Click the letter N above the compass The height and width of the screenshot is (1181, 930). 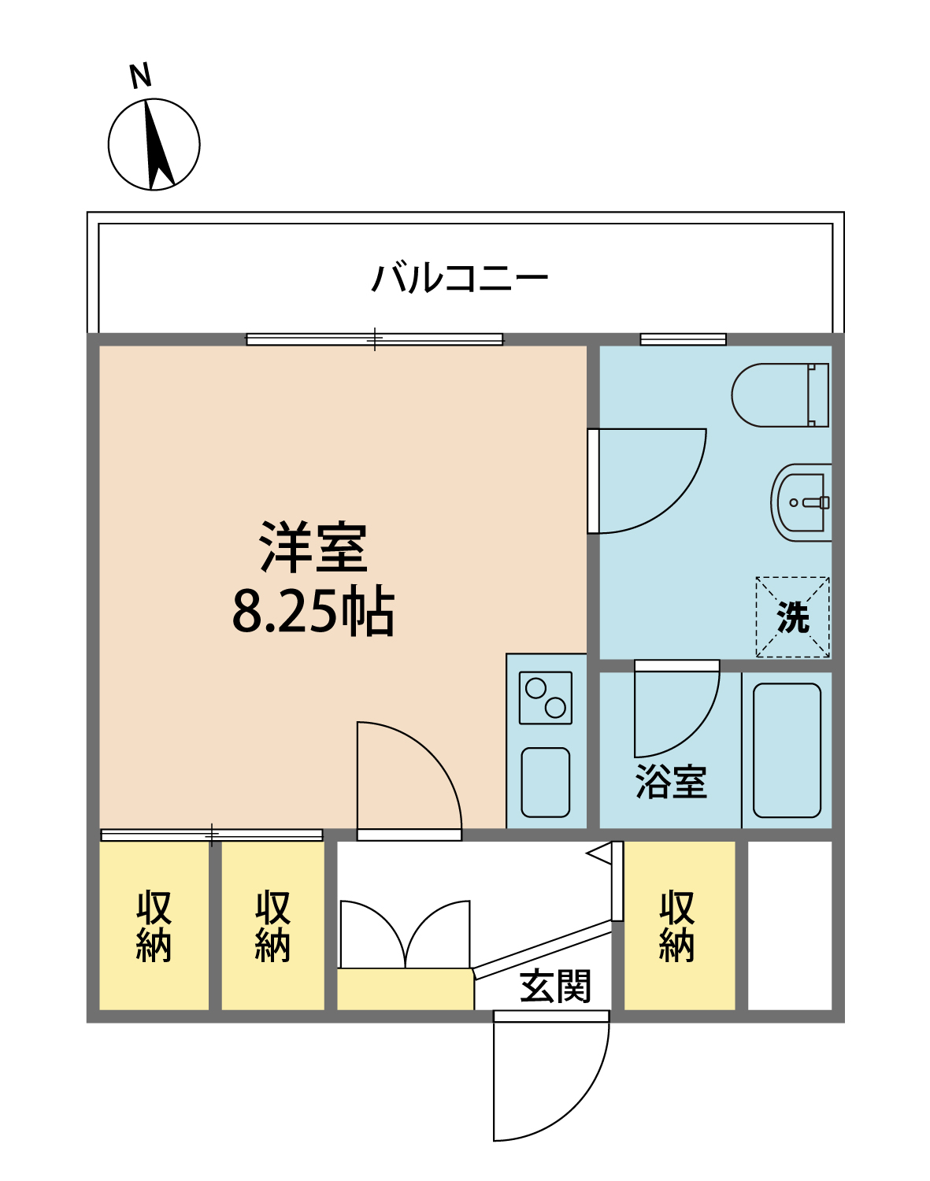tap(140, 76)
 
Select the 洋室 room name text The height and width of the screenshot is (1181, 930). tap(313, 546)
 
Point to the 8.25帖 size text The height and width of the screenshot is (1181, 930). tap(313, 612)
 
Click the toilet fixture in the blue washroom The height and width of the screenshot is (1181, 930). tap(780, 395)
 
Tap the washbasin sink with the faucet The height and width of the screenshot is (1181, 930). tap(801, 502)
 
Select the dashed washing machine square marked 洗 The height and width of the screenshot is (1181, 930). tap(793, 616)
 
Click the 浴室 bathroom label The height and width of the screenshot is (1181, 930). tap(671, 782)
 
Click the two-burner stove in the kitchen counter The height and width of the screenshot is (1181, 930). tap(546, 698)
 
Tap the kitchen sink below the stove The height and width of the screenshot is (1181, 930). tap(545, 782)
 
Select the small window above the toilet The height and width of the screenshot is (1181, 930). tap(683, 339)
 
